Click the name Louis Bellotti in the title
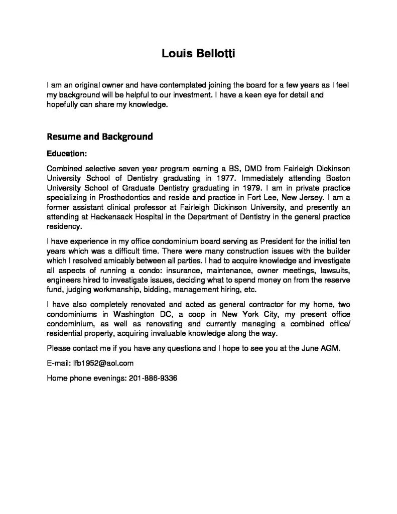click(198, 53)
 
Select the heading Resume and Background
click(99, 137)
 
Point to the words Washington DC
click(141, 315)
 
